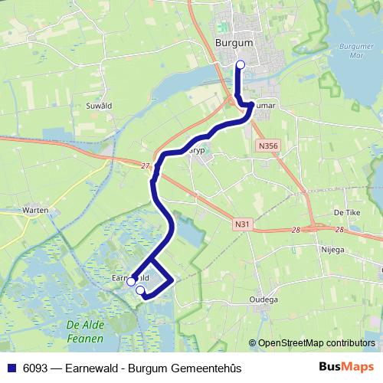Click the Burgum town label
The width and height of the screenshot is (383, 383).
point(235,43)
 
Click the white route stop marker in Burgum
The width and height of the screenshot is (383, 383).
point(241,65)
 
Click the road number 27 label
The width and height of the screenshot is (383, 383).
point(145,164)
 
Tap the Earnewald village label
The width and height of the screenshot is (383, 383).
point(126,276)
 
